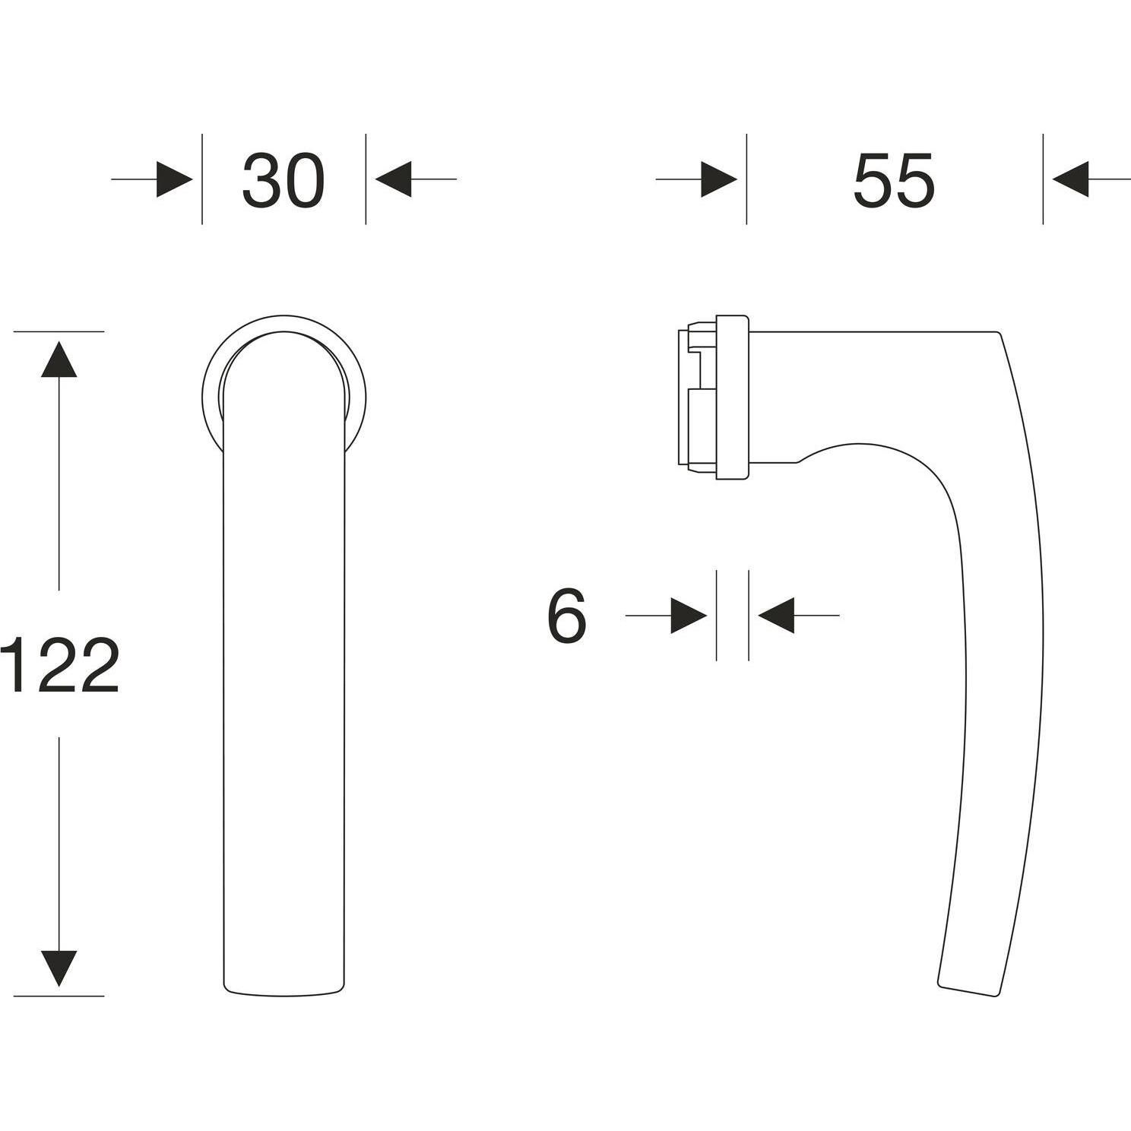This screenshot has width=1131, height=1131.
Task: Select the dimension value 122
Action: [x=59, y=665]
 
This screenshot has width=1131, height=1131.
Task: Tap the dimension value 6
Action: [x=567, y=616]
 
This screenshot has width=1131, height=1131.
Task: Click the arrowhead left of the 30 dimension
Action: [x=175, y=179]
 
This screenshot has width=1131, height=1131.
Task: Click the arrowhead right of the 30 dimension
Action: [x=394, y=179]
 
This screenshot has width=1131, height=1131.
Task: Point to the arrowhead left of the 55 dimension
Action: [x=719, y=179]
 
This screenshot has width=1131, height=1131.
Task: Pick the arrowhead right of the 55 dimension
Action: [x=1071, y=179]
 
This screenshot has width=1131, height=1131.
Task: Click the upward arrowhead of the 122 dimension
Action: [x=59, y=359]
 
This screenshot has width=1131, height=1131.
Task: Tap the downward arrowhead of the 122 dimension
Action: [x=59, y=968]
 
